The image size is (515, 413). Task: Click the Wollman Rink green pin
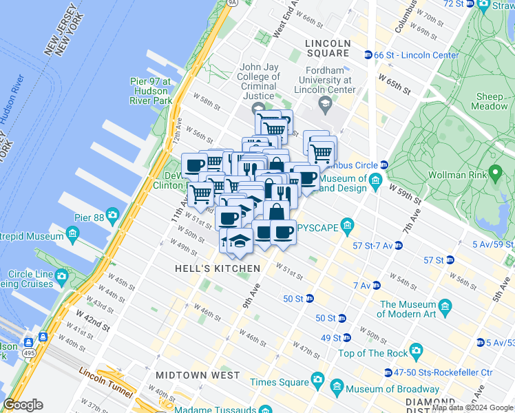[494, 171]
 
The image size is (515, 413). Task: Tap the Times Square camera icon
[317, 379]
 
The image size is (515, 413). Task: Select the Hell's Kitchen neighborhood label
[217, 268]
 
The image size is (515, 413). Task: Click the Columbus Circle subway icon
[384, 165]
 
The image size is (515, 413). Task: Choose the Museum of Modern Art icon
[444, 305]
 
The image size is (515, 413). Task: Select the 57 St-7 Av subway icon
[399, 245]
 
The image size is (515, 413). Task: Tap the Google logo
[23, 405]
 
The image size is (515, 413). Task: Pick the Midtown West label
[198, 375]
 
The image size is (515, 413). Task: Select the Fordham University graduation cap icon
[324, 103]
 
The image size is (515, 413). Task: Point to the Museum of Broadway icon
[336, 388]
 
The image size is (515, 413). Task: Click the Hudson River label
[14, 89]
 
